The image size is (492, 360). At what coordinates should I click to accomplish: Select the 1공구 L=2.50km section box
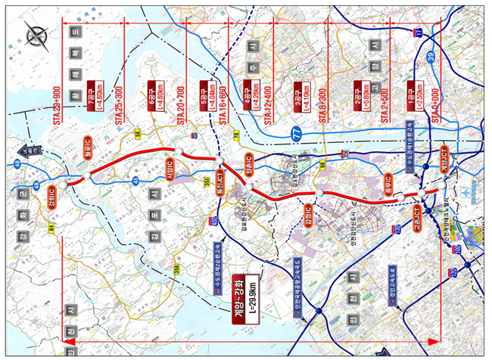tap(413, 94)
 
